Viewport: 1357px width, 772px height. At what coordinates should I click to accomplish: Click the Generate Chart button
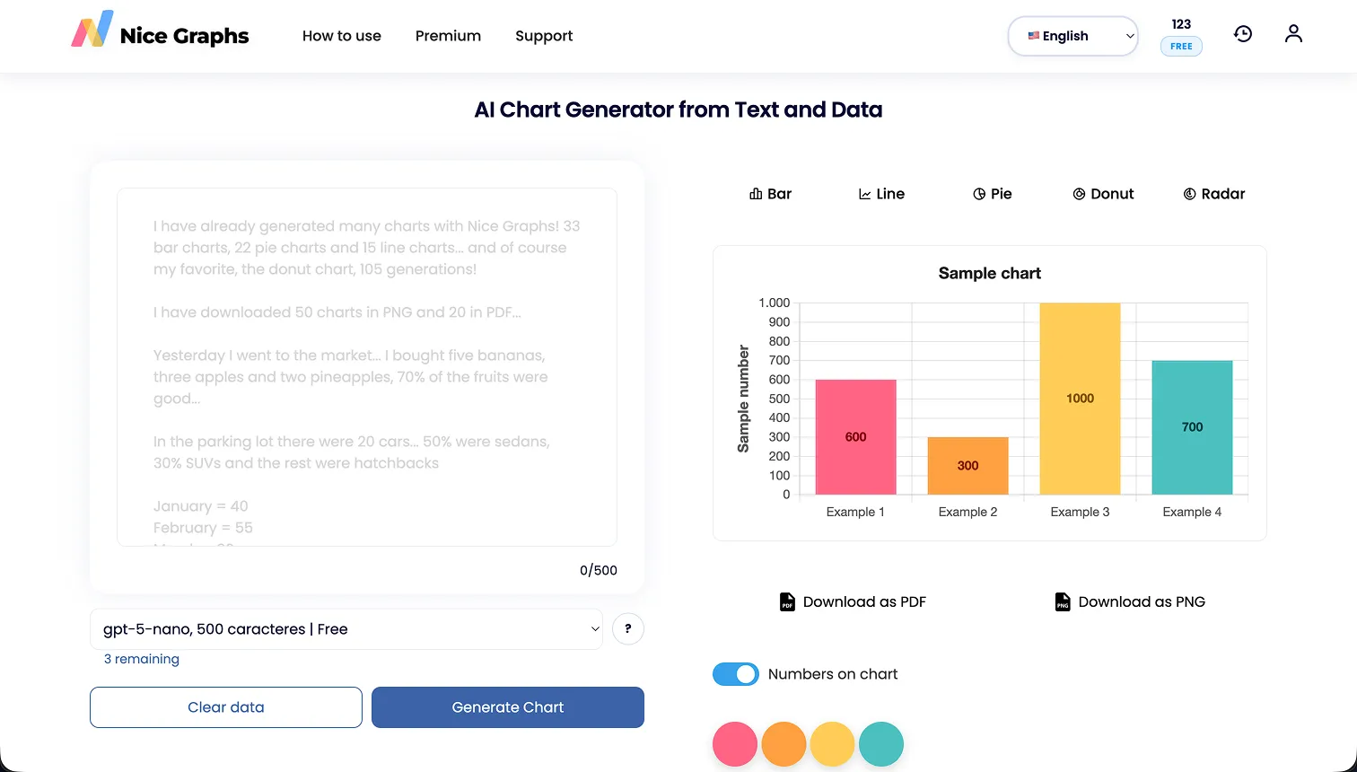point(507,707)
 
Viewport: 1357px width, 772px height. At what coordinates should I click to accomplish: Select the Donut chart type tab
point(1103,194)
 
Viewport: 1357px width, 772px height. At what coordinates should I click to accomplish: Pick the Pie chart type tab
point(992,194)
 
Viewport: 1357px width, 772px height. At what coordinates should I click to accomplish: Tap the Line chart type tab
point(881,194)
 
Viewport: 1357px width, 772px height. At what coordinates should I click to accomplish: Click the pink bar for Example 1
point(855,437)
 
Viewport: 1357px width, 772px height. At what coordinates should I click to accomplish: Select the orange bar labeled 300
point(967,466)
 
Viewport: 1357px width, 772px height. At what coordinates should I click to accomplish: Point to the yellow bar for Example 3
point(1080,399)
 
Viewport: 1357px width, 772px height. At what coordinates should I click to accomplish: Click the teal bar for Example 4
point(1192,427)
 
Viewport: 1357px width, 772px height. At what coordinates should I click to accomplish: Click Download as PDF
point(853,601)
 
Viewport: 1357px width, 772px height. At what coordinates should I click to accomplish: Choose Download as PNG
point(1129,601)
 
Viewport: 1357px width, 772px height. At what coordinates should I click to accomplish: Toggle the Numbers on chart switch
point(736,674)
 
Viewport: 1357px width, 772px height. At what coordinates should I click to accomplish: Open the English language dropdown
point(1072,36)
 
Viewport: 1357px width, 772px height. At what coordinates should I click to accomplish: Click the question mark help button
point(627,629)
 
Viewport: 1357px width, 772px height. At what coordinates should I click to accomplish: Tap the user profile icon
point(1292,34)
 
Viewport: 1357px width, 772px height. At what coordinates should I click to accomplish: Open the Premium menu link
point(448,36)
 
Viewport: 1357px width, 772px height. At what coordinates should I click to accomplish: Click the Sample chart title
point(989,273)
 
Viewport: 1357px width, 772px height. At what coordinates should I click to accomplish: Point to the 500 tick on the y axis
point(778,399)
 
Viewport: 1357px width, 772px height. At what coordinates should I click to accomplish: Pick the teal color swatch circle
point(880,744)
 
